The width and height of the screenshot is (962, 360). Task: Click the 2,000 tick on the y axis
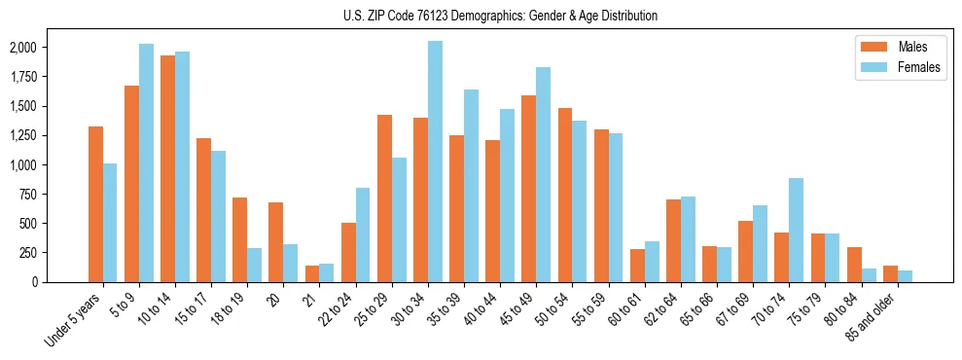point(22,48)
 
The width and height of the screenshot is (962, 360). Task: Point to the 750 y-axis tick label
point(27,194)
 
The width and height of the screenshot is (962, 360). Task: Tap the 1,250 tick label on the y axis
point(22,135)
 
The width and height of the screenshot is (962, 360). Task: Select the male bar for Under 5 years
point(95,204)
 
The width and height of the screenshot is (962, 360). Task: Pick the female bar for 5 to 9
point(146,162)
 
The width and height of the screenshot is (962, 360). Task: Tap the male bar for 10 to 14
point(167,168)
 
